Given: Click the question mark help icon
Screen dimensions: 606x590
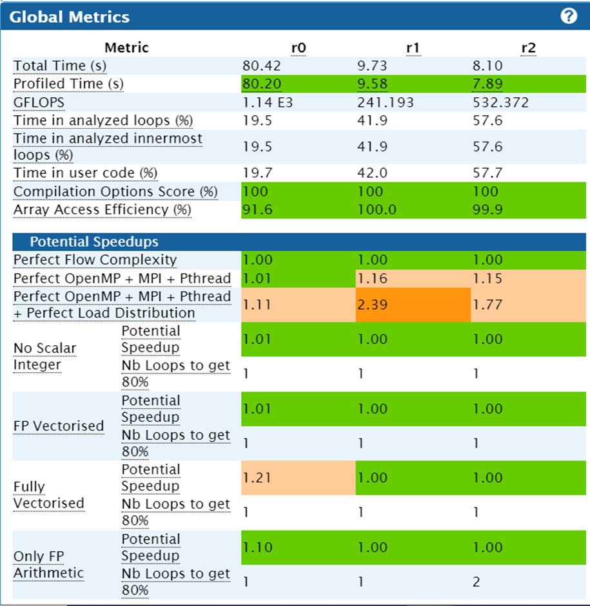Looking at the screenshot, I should (x=569, y=16).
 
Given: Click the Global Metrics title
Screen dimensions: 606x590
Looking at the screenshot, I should (x=70, y=17).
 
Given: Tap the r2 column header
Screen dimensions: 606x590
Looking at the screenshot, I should (x=528, y=48).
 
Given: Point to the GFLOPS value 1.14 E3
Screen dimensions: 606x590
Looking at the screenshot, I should (x=268, y=102).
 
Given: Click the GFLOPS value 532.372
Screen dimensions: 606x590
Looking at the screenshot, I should (x=500, y=102).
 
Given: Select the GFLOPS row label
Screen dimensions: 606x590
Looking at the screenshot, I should (x=39, y=102).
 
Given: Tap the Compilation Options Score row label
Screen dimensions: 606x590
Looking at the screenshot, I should (x=115, y=192).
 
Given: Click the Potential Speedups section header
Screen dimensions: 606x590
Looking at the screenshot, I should (x=94, y=242).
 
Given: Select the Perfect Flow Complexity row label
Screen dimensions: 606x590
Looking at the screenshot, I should (x=95, y=260).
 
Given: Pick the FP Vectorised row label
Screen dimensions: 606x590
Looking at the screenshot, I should (x=59, y=426).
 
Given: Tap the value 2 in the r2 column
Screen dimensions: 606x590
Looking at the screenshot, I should (x=477, y=582).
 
